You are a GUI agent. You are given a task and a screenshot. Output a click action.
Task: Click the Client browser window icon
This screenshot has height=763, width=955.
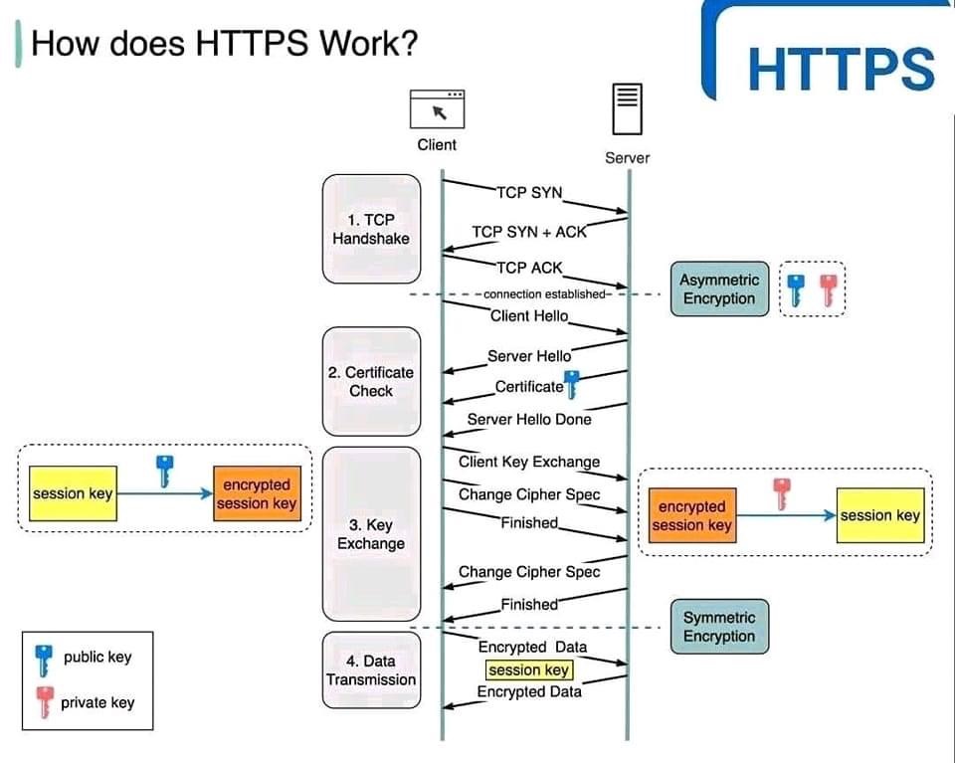click(x=438, y=108)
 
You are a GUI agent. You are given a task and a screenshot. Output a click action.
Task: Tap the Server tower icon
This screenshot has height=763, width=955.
click(x=626, y=108)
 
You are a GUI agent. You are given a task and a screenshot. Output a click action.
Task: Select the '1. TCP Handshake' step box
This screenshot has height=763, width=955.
click(x=371, y=229)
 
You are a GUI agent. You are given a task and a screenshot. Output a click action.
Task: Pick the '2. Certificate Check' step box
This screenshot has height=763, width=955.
click(x=371, y=381)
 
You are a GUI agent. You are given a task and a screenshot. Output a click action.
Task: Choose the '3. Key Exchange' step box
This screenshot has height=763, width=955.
click(x=371, y=533)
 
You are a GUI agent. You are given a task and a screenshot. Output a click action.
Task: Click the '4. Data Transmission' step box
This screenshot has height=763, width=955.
click(x=371, y=669)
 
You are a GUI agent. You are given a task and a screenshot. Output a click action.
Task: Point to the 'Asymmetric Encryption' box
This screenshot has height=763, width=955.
click(x=719, y=289)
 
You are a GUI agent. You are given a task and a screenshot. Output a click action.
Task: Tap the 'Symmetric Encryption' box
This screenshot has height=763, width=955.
click(x=719, y=627)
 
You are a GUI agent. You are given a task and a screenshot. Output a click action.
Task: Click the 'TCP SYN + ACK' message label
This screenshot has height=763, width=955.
click(x=529, y=232)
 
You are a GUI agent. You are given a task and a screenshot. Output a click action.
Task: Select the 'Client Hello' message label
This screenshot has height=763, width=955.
click(x=529, y=315)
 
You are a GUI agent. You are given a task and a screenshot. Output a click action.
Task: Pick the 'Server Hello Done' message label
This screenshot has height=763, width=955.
click(x=529, y=419)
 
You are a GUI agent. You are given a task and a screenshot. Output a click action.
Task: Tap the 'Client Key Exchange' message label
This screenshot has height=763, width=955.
click(x=529, y=462)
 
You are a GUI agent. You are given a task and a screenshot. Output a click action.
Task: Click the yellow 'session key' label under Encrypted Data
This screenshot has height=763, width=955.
click(x=528, y=670)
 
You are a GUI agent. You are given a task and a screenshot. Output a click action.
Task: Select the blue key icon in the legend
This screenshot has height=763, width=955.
click(x=43, y=659)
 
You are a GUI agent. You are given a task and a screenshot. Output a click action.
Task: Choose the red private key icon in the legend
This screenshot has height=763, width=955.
click(x=43, y=702)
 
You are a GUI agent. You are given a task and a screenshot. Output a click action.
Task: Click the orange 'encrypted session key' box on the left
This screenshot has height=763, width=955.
click(x=257, y=494)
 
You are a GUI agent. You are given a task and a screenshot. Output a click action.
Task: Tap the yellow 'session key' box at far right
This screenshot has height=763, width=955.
click(x=879, y=515)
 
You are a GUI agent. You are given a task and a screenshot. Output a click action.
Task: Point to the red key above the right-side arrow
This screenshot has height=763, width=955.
click(x=782, y=492)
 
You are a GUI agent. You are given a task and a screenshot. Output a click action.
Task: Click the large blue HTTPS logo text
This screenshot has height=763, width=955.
click(x=841, y=68)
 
